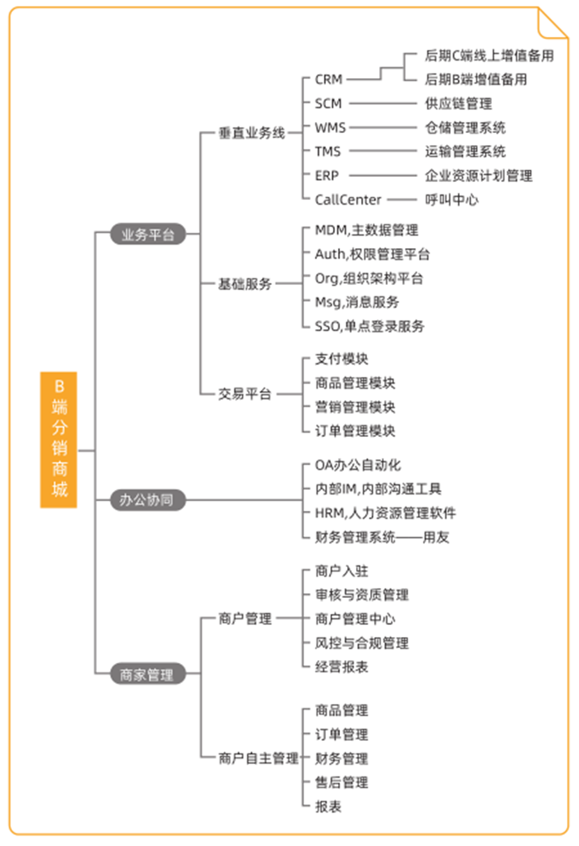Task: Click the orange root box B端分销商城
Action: coord(59,440)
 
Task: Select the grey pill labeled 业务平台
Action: coord(148,234)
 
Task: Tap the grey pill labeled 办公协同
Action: coord(148,500)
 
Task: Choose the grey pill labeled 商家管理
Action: coord(148,673)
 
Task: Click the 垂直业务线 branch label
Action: coord(252,133)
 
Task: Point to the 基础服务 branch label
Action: coord(245,284)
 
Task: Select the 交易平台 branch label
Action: coord(245,394)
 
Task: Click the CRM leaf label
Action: coord(329,79)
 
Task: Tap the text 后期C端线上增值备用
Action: coord(489,56)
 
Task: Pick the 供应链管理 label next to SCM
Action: coord(458,103)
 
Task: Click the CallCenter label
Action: coord(348,200)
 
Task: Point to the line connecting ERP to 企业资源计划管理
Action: coord(383,175)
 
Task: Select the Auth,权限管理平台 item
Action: coord(372,254)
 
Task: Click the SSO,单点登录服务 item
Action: coord(370,326)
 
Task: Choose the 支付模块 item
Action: coord(341,359)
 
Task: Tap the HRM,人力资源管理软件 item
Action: coord(385,513)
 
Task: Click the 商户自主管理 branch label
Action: coord(258,758)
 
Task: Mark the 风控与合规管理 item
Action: coord(362,643)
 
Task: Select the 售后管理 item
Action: coord(341,782)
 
